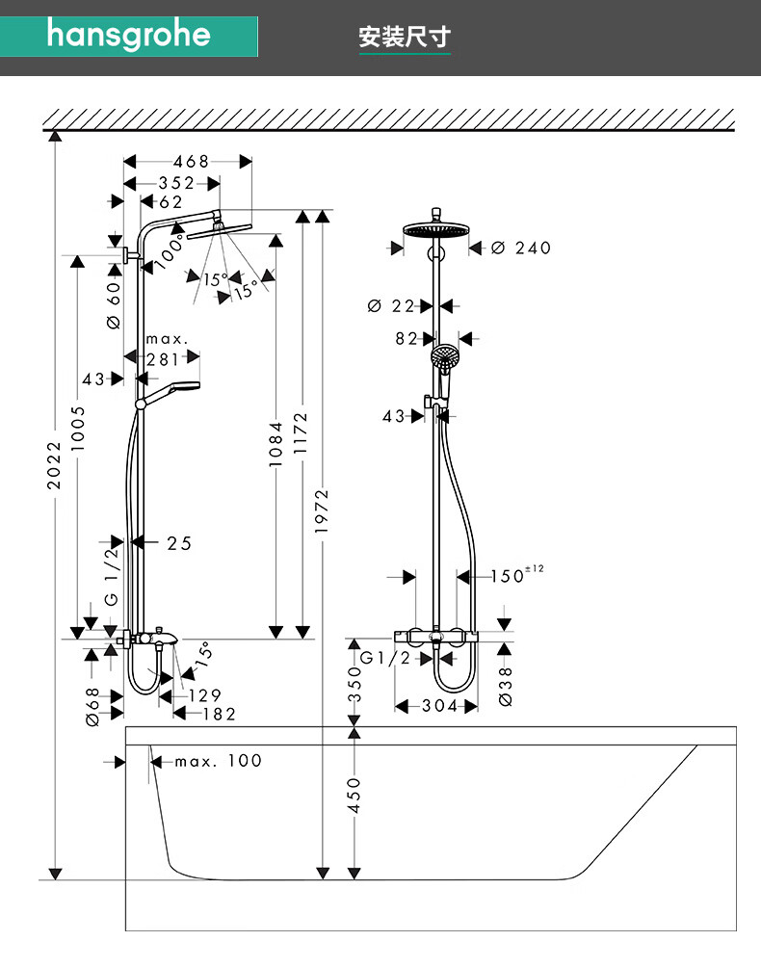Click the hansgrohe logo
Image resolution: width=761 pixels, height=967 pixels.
pos(128,35)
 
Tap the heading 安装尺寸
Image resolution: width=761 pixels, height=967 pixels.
pos(405,38)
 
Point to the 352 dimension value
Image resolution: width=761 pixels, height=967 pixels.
pos(176,183)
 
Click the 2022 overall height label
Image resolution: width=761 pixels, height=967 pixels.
pos(55,464)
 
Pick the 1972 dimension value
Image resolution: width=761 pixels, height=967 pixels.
pos(323,510)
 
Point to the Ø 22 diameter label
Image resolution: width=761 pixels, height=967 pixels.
pos(391,306)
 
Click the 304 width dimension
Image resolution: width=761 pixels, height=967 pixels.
pos(438,706)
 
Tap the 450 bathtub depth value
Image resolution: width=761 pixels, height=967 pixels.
pos(354,796)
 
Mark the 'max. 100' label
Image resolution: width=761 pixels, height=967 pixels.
pos(219,761)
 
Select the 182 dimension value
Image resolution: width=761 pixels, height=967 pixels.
pos(219,714)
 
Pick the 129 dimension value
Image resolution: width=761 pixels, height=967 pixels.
pos(204,695)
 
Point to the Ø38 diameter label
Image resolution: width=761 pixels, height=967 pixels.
pos(507,685)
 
